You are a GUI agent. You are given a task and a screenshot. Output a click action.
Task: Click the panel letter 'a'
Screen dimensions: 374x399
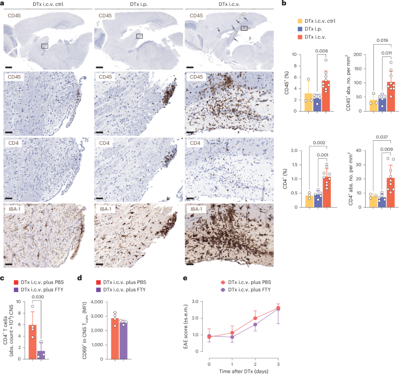3,3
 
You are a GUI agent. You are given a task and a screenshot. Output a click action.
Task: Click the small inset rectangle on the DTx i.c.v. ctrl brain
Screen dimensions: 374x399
44,45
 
